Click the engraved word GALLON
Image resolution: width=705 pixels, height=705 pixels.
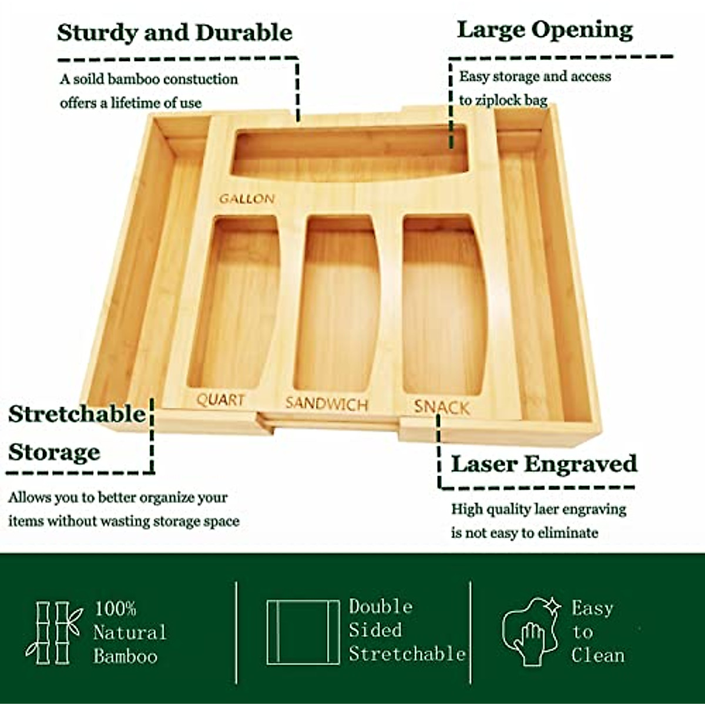tap(247, 199)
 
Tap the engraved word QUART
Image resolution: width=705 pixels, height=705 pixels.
tap(220, 400)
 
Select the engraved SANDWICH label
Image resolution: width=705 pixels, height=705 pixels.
tap(327, 404)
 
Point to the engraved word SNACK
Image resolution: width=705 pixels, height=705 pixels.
tap(442, 407)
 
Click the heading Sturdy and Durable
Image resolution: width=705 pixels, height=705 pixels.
tap(174, 33)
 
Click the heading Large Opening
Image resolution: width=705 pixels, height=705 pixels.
tap(545, 30)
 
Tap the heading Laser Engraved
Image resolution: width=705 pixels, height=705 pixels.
tap(543, 464)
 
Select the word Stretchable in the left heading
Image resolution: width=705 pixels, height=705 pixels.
tap(76, 414)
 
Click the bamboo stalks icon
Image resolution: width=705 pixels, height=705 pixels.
tap(52, 633)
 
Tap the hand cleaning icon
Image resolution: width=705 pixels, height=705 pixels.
tap(531, 633)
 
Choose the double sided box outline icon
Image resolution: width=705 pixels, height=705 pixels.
tap(303, 632)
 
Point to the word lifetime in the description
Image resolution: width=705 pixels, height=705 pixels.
tap(136, 103)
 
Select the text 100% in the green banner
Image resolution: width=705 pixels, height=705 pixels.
tap(115, 609)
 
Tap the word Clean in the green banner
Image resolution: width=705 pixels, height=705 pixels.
tap(597, 655)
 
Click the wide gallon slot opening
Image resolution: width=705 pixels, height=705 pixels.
tap(350, 152)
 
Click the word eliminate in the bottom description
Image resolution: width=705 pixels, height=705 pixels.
tap(568, 533)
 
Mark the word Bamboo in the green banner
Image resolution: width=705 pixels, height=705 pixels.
tap(125, 656)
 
